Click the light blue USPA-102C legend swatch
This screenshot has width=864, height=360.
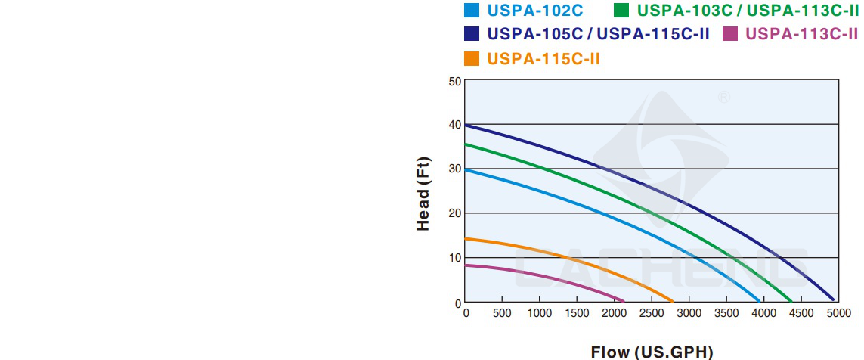pyautogui.click(x=472, y=11)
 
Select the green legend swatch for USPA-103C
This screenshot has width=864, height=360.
pyautogui.click(x=621, y=11)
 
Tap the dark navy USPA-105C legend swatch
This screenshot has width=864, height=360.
pyautogui.click(x=472, y=34)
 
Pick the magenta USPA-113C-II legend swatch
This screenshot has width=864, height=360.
pyautogui.click(x=729, y=34)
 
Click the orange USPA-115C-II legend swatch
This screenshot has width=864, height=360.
pyautogui.click(x=472, y=58)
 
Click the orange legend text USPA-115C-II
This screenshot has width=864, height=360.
pyautogui.click(x=543, y=58)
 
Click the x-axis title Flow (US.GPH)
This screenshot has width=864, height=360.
pyautogui.click(x=652, y=352)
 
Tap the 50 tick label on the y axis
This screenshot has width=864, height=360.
pyautogui.click(x=454, y=81)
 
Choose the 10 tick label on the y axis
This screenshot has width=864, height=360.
pyautogui.click(x=454, y=258)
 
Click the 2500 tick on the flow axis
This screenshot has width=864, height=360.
pyautogui.click(x=652, y=313)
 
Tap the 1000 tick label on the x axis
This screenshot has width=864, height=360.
pyautogui.click(x=540, y=313)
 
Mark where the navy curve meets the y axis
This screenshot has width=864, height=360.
pyautogui.click(x=466, y=125)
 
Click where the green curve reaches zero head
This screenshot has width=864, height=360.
pyautogui.click(x=791, y=302)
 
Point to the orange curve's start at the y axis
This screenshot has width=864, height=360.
pyautogui.click(x=466, y=239)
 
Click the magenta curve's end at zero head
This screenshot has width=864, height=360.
pyautogui.click(x=624, y=301)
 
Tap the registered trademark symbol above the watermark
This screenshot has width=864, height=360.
pyautogui.click(x=723, y=98)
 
